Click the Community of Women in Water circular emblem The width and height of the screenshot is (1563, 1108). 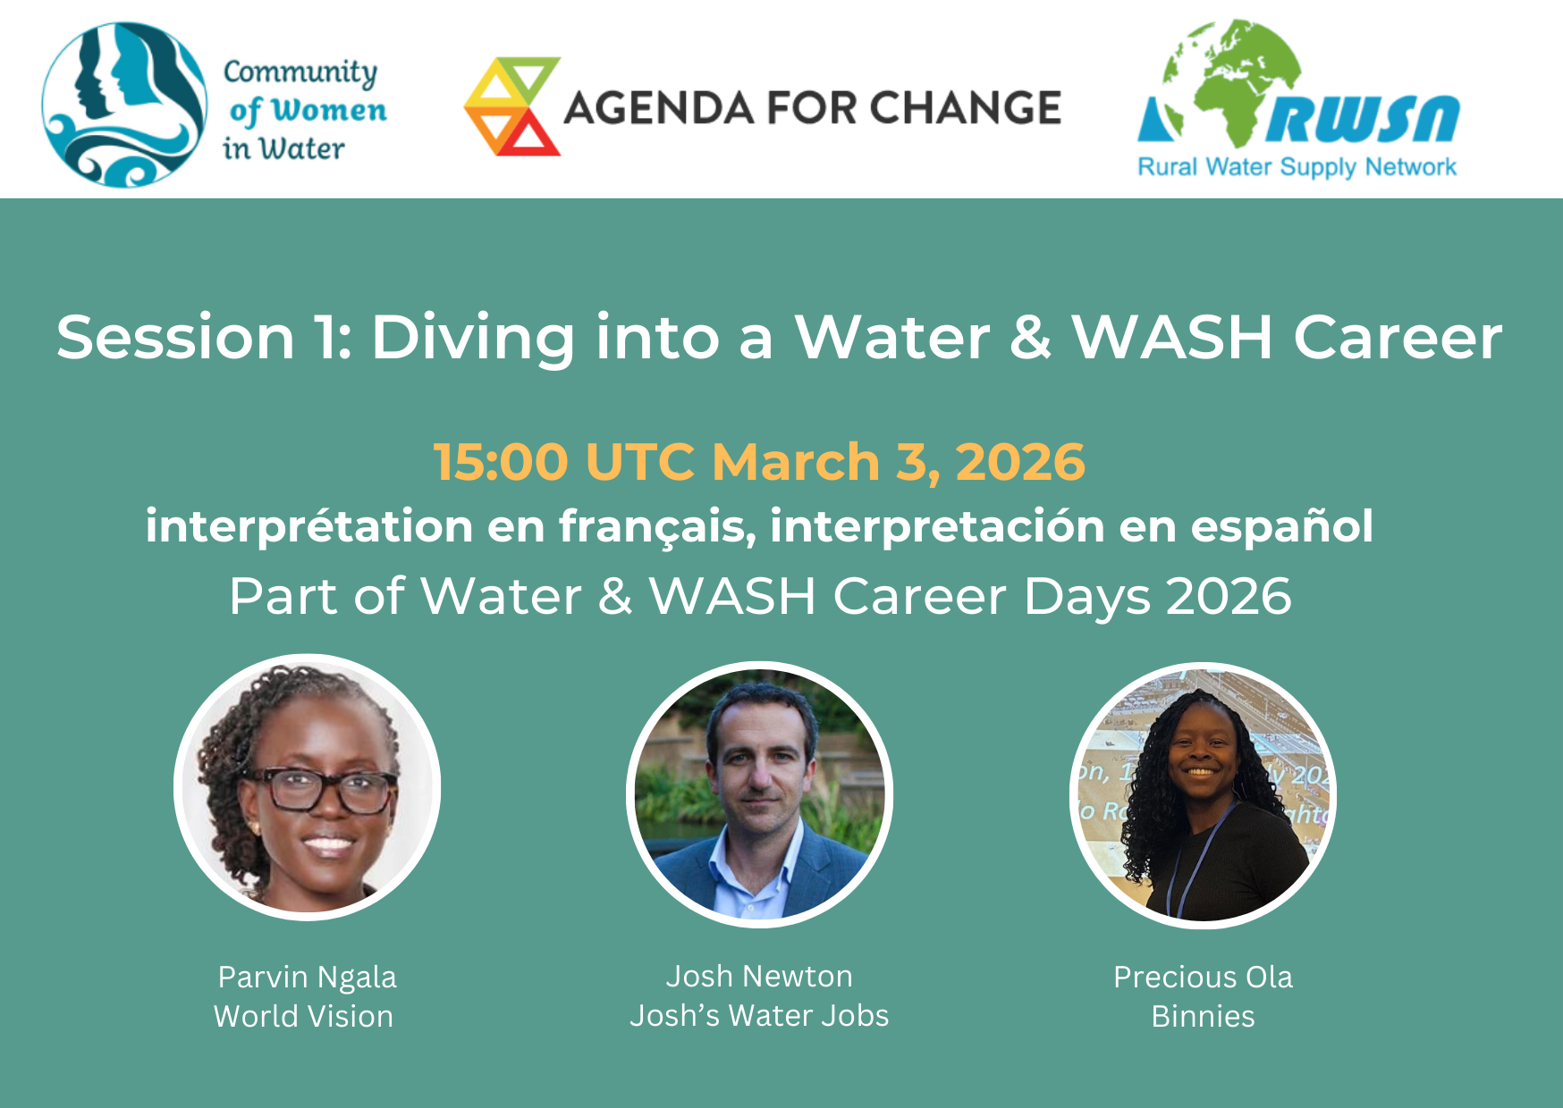click(125, 105)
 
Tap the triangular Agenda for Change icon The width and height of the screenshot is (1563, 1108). click(512, 106)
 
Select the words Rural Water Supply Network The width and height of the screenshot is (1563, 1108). click(1297, 167)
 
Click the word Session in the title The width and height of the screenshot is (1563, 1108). click(176, 338)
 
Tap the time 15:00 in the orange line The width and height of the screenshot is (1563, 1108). click(501, 462)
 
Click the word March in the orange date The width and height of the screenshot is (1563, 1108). click(796, 462)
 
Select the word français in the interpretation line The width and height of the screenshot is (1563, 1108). click(657, 526)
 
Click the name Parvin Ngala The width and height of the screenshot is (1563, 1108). click(307, 978)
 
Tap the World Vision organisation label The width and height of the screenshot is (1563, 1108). click(303, 1017)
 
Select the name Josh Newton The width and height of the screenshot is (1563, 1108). click(759, 977)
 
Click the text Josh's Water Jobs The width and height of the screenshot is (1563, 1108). click(759, 1016)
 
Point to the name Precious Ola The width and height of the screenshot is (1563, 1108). click(1203, 978)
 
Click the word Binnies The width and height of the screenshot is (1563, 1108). click(1203, 1017)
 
